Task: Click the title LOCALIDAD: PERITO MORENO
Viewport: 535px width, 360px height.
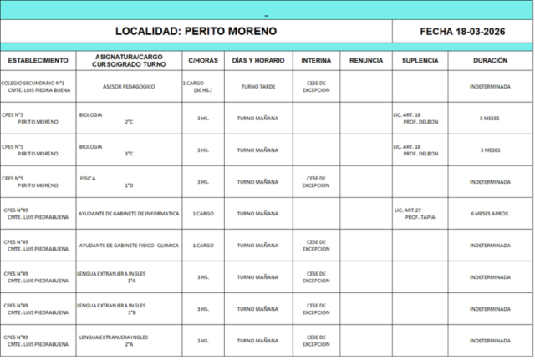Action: (x=196, y=31)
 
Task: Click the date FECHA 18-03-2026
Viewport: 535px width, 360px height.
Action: (x=462, y=31)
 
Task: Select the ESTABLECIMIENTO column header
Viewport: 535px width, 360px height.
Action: (x=38, y=61)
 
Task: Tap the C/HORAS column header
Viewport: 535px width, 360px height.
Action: (x=202, y=61)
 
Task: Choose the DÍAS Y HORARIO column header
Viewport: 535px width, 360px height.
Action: (x=257, y=61)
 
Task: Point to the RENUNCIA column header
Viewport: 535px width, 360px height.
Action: (x=366, y=61)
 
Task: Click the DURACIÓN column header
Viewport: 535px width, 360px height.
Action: (x=489, y=61)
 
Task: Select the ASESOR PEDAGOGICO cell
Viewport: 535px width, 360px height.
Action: (x=128, y=87)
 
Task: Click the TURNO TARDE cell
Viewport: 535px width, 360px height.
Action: (x=257, y=87)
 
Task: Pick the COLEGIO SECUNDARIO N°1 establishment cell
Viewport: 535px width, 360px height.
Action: (x=38, y=87)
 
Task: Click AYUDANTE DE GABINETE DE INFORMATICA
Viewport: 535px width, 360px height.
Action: (x=128, y=213)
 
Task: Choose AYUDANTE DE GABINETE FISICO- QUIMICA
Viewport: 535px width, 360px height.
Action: (x=128, y=246)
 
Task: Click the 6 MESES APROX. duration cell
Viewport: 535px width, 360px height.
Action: (x=490, y=214)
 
